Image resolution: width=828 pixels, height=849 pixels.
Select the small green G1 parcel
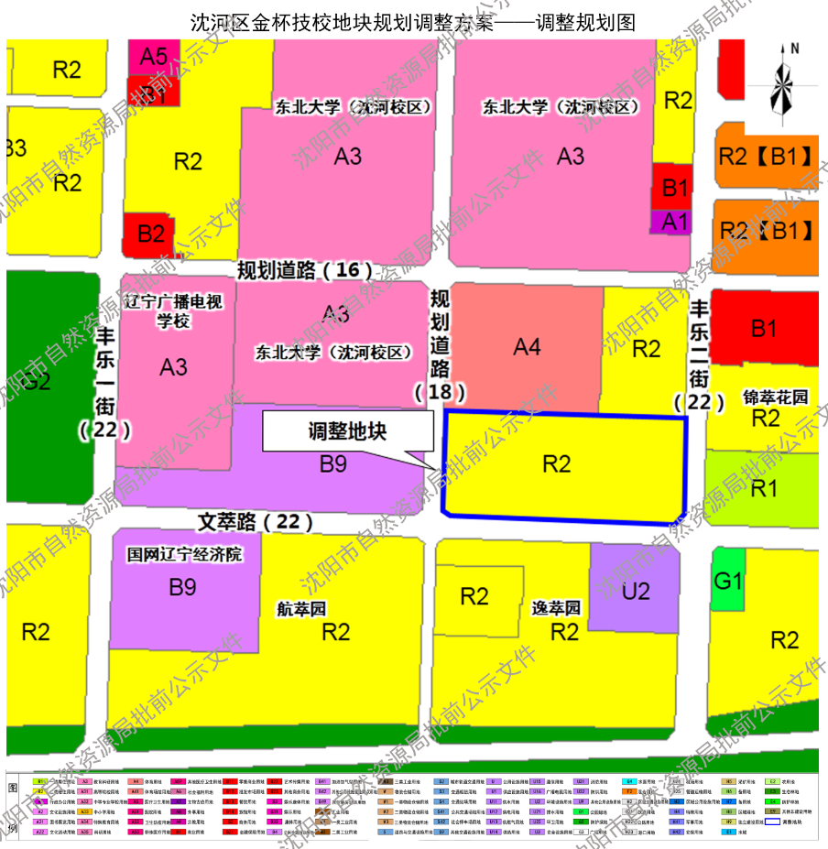pyautogui.click(x=729, y=581)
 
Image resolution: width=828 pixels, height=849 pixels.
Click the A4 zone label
pyautogui.click(x=527, y=347)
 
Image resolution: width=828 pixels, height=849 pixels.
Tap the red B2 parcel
pyautogui.click(x=150, y=233)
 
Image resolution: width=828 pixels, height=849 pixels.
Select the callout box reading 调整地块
pyautogui.click(x=347, y=431)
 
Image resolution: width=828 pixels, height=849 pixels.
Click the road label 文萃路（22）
pyautogui.click(x=256, y=522)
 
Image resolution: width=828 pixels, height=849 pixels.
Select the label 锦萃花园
pyautogui.click(x=776, y=397)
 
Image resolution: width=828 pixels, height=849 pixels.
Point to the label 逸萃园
pyautogui.click(x=557, y=608)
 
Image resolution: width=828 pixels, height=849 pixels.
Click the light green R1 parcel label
pyautogui.click(x=764, y=488)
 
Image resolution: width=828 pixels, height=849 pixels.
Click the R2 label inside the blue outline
pyautogui.click(x=557, y=463)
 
